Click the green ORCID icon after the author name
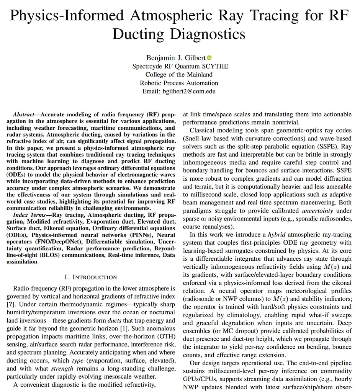point(209,58)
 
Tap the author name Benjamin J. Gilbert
point(176,58)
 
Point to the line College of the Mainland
point(179,74)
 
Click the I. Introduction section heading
point(91,277)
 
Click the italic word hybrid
point(277,235)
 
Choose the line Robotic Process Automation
point(179,83)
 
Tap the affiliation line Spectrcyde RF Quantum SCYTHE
point(180,66)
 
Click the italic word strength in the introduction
point(62,369)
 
